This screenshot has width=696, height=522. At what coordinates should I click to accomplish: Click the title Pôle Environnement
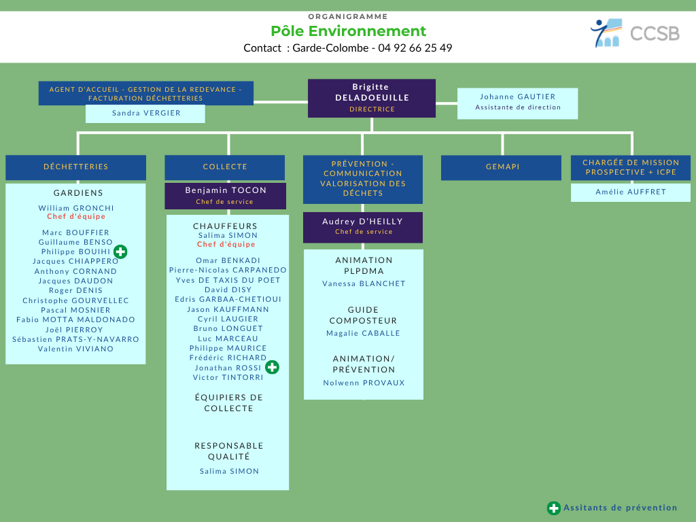click(x=348, y=31)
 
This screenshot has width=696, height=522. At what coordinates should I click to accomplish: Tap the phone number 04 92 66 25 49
click(x=415, y=48)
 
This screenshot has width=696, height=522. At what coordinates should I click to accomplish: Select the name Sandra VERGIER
click(x=146, y=114)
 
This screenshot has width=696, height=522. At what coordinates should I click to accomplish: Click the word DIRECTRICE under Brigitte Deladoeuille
click(x=372, y=109)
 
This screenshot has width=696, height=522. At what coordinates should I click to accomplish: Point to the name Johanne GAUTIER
click(x=517, y=97)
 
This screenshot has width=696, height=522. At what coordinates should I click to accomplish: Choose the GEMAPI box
click(x=501, y=167)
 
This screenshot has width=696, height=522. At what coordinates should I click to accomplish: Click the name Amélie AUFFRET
click(x=631, y=192)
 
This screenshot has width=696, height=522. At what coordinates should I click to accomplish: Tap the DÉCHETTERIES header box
click(x=75, y=167)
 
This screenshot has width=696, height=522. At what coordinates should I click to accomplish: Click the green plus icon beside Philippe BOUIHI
click(x=120, y=251)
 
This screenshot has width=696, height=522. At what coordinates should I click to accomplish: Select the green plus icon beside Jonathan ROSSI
click(x=272, y=367)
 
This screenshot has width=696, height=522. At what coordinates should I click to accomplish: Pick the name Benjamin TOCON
click(x=226, y=190)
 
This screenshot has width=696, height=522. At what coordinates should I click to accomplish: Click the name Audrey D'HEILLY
click(x=363, y=222)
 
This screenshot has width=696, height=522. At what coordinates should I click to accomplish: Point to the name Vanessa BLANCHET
click(x=364, y=283)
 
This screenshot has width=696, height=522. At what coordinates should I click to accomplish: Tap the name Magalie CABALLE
click(x=363, y=333)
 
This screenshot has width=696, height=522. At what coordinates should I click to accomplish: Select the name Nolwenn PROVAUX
click(x=364, y=383)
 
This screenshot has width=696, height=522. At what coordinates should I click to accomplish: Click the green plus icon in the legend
click(x=553, y=508)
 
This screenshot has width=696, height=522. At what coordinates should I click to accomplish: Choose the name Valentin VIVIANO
click(x=75, y=349)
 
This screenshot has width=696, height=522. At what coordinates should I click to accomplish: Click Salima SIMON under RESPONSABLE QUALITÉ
click(x=229, y=472)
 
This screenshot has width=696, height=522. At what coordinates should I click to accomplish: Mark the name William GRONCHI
click(x=76, y=208)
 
